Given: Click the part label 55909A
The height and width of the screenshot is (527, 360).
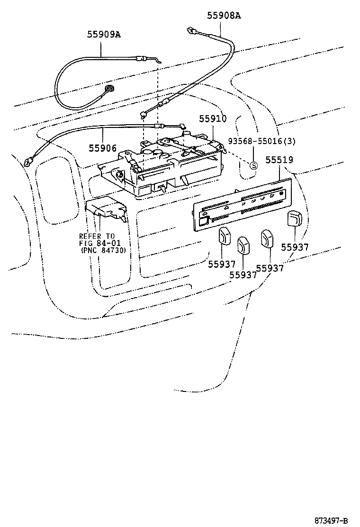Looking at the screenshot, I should [x=103, y=34].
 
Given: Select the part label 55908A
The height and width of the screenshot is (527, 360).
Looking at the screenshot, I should [x=224, y=16].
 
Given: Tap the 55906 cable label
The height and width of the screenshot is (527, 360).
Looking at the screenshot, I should [x=102, y=148].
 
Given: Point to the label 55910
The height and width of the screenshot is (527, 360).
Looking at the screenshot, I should [x=213, y=119].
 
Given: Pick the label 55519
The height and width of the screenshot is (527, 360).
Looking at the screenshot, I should [x=279, y=160].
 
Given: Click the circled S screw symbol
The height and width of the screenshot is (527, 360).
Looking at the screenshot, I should [x=253, y=165].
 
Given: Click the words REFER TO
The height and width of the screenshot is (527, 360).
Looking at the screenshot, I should [x=97, y=236].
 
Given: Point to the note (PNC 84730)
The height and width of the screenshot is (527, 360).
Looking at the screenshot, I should [x=103, y=250].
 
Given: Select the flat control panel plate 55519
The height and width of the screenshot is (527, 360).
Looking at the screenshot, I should [x=242, y=204].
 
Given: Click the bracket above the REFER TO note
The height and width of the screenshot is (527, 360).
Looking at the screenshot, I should [x=106, y=210].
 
